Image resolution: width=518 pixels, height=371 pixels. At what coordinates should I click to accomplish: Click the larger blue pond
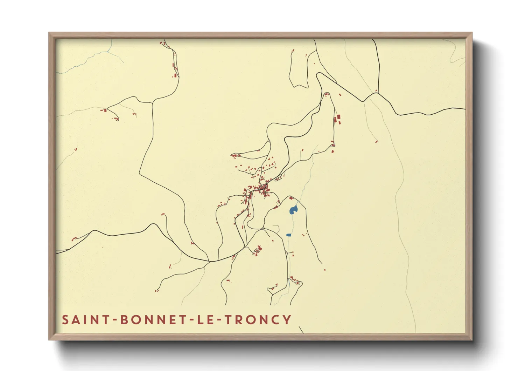point(293,210)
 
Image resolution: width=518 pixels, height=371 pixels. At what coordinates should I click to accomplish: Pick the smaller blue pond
point(288,235)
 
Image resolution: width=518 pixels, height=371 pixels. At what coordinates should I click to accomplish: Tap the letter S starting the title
point(65,320)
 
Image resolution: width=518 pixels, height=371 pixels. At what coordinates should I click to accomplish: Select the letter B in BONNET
point(124,320)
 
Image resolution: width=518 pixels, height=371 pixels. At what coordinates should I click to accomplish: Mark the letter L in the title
point(200,320)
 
